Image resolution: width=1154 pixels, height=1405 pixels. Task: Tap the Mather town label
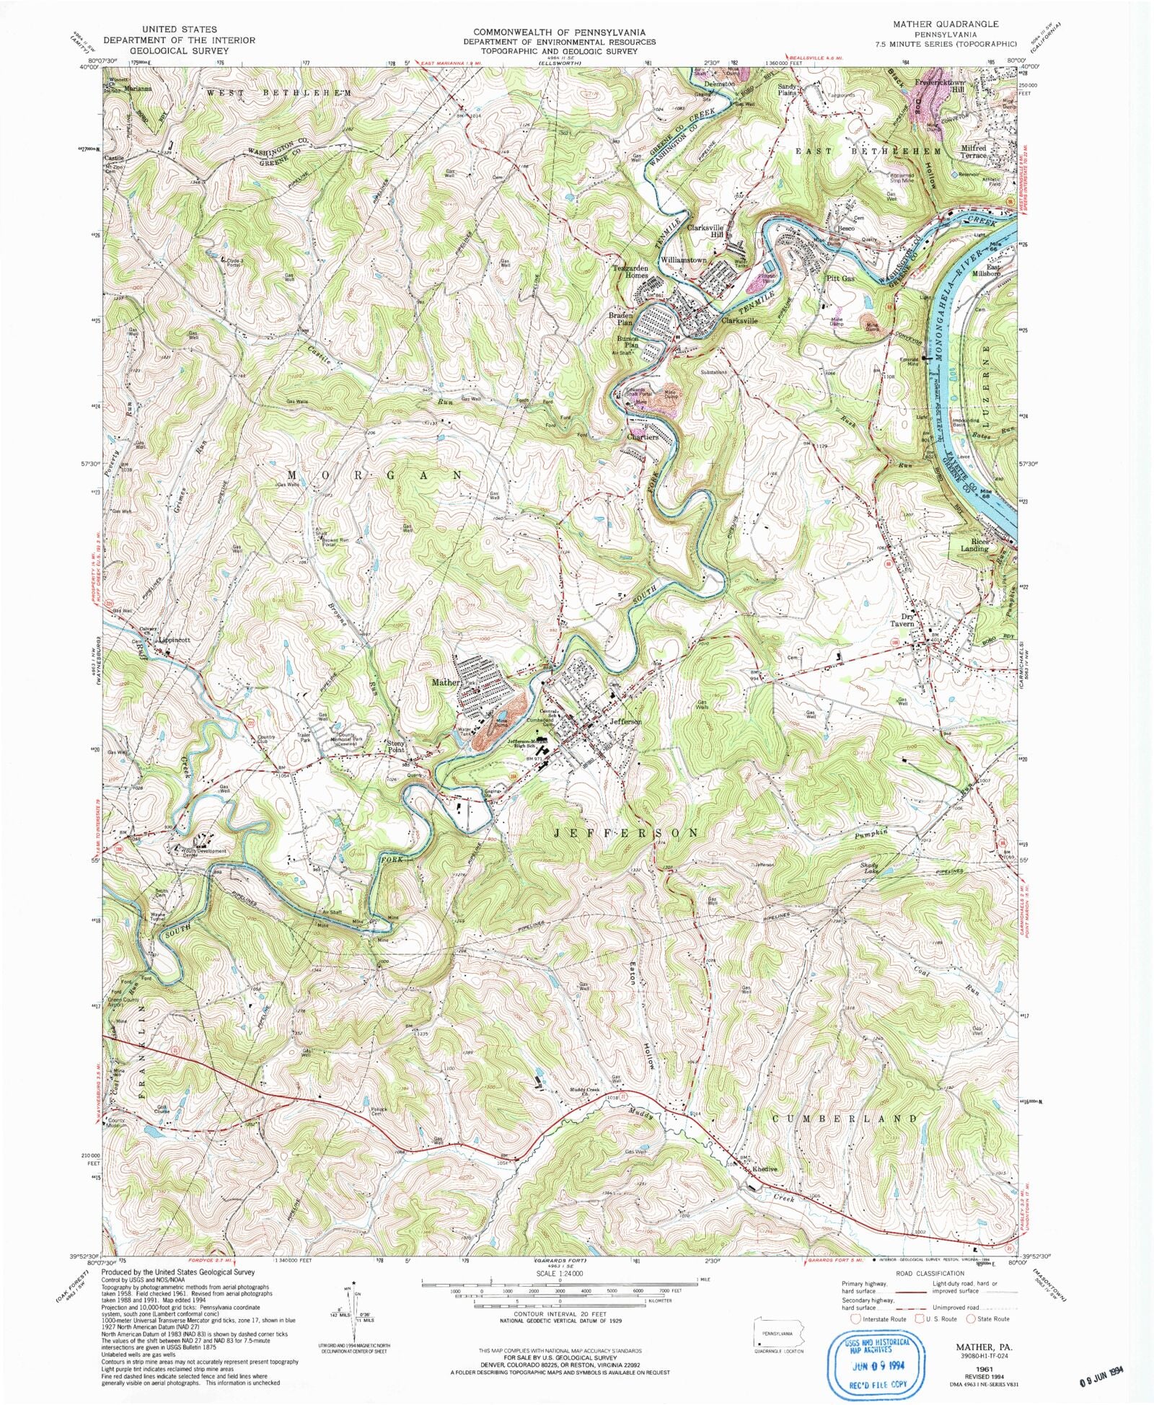pyautogui.click(x=445, y=682)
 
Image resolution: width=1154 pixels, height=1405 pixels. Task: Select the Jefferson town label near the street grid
pyautogui.click(x=625, y=721)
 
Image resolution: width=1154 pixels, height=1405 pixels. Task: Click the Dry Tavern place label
pyautogui.click(x=902, y=620)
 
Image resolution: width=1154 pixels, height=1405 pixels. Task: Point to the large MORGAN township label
pyautogui.click(x=375, y=475)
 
